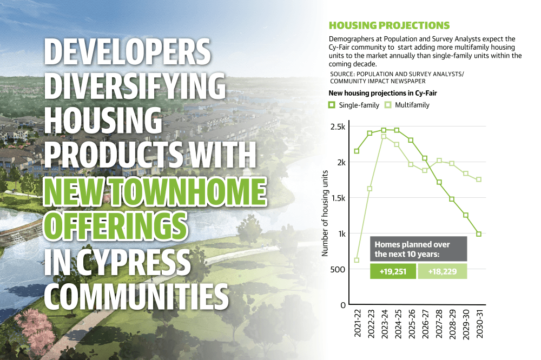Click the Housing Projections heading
click(389, 25)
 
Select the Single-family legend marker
click(332, 105)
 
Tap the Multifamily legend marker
click(388, 105)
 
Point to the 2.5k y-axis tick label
click(338, 126)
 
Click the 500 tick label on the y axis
click(338, 269)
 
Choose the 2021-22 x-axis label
click(358, 323)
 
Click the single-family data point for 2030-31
click(479, 234)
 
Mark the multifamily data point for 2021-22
click(357, 261)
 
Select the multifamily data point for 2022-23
click(370, 189)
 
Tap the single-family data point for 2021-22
click(357, 151)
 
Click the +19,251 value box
click(393, 271)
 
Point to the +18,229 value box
click(443, 271)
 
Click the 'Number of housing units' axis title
click(325, 214)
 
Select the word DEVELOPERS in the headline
click(127, 51)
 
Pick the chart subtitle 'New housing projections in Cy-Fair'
click(382, 93)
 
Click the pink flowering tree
click(36, 329)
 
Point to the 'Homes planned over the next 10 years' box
click(419, 249)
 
